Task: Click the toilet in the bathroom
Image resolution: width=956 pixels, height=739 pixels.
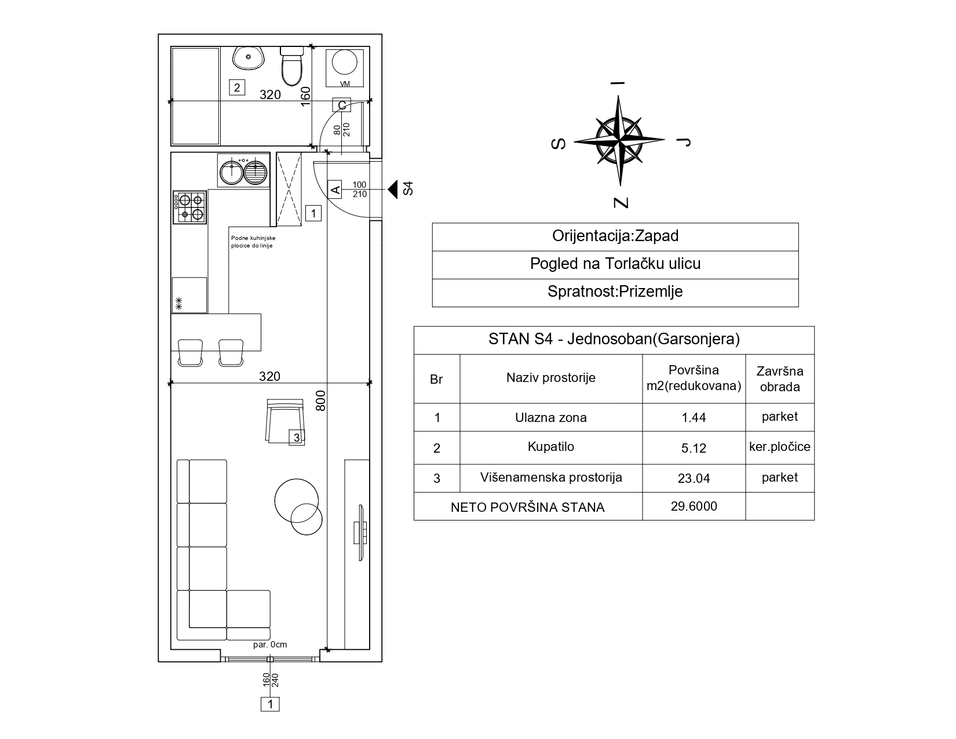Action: point(291,67)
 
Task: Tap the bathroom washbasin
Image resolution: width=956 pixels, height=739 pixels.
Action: point(248,57)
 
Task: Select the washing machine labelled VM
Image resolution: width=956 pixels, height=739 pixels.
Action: point(345,68)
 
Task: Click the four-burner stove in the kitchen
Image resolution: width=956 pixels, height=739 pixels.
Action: point(189,207)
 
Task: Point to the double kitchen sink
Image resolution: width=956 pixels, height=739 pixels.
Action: point(243,170)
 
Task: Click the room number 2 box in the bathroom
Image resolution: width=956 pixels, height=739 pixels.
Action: point(237,88)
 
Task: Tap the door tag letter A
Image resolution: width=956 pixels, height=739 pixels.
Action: point(335,190)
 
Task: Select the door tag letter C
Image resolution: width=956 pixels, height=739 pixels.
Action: point(341,105)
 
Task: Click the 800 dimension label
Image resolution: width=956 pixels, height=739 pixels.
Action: point(321,401)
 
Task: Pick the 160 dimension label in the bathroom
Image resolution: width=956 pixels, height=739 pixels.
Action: point(305,96)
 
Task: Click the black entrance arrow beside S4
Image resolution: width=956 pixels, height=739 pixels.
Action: point(392,190)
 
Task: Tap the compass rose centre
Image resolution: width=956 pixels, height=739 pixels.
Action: point(619,141)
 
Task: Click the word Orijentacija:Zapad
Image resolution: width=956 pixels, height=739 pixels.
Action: point(615,236)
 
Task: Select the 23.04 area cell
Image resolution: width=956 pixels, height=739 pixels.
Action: point(694,478)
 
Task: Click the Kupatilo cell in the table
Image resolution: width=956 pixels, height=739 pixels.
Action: point(551,447)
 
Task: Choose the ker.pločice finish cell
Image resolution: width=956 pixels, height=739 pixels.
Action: point(780,447)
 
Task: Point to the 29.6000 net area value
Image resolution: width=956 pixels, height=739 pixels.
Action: point(694,506)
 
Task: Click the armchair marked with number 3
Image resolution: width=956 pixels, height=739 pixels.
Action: point(285,421)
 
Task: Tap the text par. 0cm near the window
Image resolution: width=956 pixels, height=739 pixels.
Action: point(270,645)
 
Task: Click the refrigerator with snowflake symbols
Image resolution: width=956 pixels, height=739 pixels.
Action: point(189,296)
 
